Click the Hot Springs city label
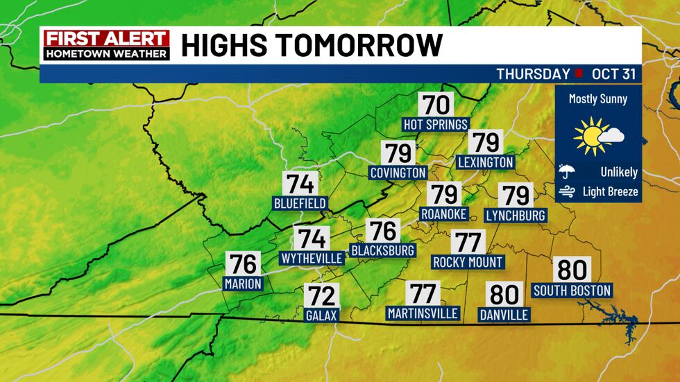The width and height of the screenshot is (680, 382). click(x=436, y=124)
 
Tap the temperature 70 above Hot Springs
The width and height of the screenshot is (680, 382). click(x=436, y=105)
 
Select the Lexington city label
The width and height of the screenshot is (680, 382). click(x=486, y=162)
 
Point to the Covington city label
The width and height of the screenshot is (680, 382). click(x=398, y=172)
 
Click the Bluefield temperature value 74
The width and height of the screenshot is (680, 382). click(x=300, y=184)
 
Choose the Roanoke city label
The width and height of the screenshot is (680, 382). click(x=444, y=214)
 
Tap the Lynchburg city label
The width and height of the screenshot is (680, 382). click(x=516, y=215)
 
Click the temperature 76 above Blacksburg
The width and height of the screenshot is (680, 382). click(x=383, y=231)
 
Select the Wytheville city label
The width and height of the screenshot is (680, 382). click(x=312, y=258)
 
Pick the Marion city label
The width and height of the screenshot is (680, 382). click(x=243, y=283)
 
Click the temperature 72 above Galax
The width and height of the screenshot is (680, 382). click(x=321, y=296)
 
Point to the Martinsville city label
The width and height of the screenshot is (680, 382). click(x=423, y=313)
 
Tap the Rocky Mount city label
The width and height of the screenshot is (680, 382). click(x=468, y=262)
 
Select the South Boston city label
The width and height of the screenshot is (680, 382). click(x=572, y=290)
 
